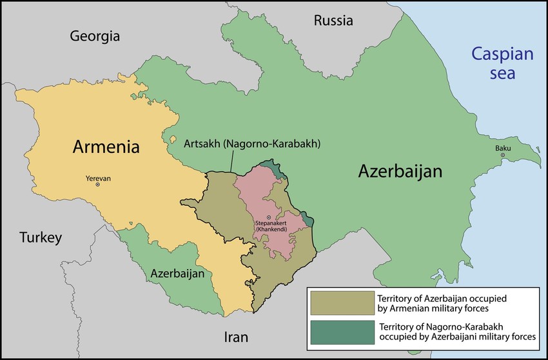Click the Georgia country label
tap(95, 36)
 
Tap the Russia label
tap(333, 21)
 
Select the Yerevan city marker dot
tap(97, 185)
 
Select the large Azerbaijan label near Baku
tap(400, 172)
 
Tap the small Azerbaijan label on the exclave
tap(177, 274)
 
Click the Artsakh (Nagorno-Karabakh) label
tap(235, 143)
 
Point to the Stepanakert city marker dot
tap(269, 217)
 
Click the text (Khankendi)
tap(269, 230)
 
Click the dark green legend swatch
tap(341, 331)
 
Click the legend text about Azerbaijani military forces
tap(458, 331)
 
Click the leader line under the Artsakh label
tap(230, 163)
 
